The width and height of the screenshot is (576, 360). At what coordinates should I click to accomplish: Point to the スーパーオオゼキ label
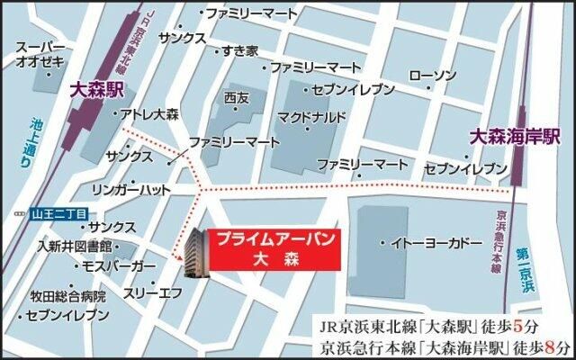point(41,54)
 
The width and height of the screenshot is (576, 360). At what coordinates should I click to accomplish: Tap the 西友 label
point(237,96)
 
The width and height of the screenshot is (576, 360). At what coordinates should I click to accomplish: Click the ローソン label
point(432,76)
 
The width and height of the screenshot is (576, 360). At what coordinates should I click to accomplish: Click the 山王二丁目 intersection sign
point(55,213)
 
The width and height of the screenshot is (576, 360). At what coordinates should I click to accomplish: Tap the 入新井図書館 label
point(74,246)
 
